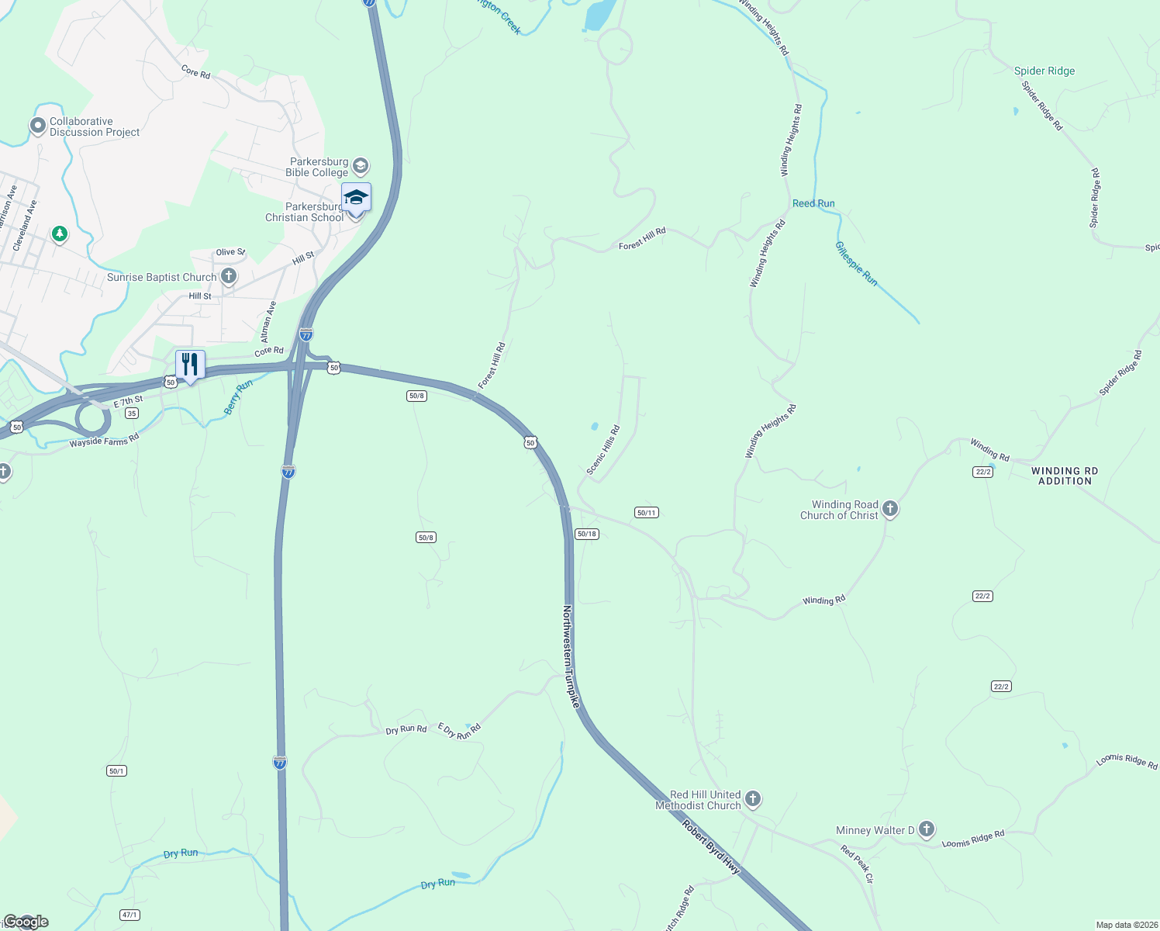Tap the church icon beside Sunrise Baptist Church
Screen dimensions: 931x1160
pos(229,276)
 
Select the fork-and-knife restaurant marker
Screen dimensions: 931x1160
pos(190,365)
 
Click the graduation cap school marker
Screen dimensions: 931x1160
pos(356,197)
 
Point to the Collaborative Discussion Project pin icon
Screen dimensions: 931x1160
pos(37,126)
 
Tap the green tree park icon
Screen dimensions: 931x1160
pos(59,234)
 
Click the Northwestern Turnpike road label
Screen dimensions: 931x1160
pos(571,656)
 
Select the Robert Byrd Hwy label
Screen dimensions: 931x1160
pos(711,847)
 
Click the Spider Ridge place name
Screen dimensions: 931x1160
pos(1044,71)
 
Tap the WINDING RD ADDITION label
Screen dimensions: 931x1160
pos(1065,476)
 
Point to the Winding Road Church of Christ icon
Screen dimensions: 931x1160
pos(890,509)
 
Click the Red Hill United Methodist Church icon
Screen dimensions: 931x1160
pos(752,799)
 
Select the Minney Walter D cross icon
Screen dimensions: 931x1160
pos(927,829)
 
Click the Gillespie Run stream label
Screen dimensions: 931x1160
pos(856,264)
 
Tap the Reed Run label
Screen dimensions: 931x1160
pos(813,204)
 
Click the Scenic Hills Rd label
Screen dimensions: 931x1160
pos(603,450)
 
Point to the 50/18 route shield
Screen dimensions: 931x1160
pos(587,534)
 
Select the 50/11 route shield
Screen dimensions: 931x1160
pos(646,513)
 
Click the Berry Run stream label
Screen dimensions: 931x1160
pos(238,397)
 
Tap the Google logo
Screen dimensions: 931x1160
pos(26,922)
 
